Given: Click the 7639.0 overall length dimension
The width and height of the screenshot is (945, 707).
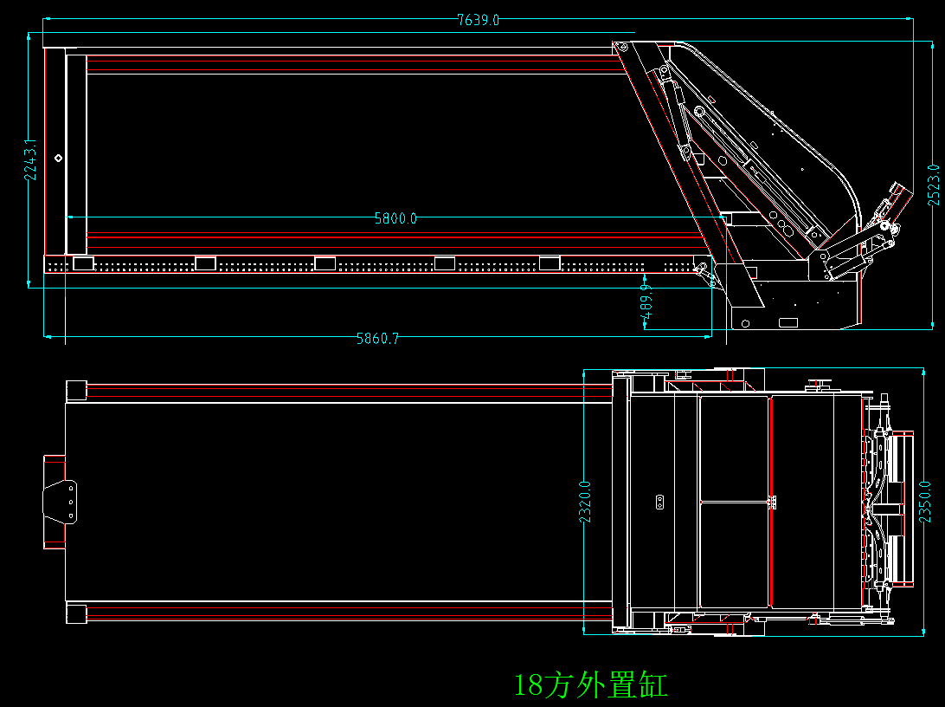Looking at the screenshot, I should pyautogui.click(x=478, y=20).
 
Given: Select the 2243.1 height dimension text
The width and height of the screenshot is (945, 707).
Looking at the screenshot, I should pyautogui.click(x=30, y=159).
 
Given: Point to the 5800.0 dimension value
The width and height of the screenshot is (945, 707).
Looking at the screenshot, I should pyautogui.click(x=395, y=218).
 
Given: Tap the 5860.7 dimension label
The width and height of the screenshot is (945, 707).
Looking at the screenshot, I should pyautogui.click(x=378, y=339).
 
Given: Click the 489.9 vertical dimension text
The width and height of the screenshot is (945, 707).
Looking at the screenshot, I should pyautogui.click(x=646, y=306).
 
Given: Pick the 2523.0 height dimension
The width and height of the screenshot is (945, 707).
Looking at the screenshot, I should pyautogui.click(x=933, y=185).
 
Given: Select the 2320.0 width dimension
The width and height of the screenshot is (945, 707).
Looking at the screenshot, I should pyautogui.click(x=585, y=502).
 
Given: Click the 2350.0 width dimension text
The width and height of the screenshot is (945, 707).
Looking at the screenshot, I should pyautogui.click(x=925, y=502).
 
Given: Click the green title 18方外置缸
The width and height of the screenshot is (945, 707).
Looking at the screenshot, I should pyautogui.click(x=591, y=685).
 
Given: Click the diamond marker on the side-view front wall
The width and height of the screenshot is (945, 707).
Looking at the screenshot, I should pyautogui.click(x=58, y=158).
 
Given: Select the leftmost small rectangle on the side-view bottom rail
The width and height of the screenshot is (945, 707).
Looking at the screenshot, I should pyautogui.click(x=83, y=263).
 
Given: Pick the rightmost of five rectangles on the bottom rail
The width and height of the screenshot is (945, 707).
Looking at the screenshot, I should pyautogui.click(x=550, y=263).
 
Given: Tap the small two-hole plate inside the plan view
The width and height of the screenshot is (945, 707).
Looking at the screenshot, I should pyautogui.click(x=659, y=501).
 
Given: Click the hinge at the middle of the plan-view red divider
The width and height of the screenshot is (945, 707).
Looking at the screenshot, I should pyautogui.click(x=770, y=501).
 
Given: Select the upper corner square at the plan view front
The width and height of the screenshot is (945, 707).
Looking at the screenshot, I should pyautogui.click(x=76, y=390).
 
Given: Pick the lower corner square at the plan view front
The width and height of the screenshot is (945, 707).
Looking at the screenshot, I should pyautogui.click(x=76, y=613).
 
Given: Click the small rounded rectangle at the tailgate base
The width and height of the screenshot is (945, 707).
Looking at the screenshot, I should pyautogui.click(x=787, y=322).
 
